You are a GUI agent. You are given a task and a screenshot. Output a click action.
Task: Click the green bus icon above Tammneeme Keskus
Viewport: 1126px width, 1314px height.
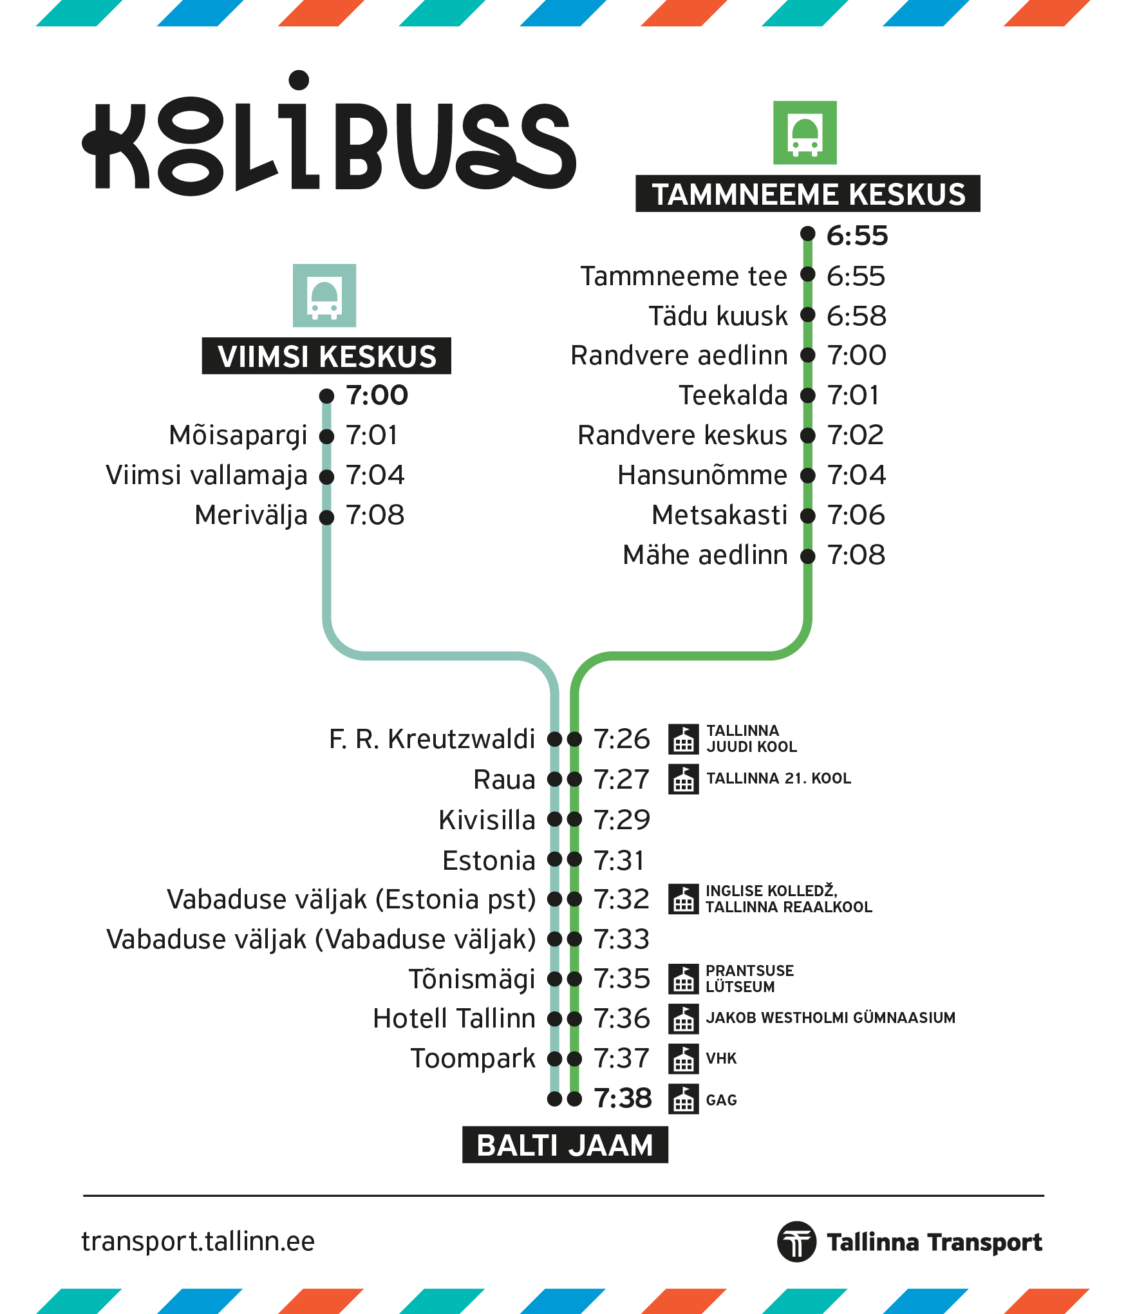pos(805,133)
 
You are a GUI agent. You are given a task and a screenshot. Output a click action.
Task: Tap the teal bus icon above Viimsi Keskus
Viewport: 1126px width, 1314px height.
pos(324,296)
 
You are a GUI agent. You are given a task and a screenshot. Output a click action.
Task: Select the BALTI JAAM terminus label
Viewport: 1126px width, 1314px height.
pos(565,1145)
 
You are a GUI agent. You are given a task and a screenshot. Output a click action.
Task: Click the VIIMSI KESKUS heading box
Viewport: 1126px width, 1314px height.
pos(326,356)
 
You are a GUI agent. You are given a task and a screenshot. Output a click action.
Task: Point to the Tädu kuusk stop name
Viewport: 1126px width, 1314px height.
pos(718,316)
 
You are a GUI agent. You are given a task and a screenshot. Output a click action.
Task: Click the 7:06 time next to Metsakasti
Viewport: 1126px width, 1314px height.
pos(856,515)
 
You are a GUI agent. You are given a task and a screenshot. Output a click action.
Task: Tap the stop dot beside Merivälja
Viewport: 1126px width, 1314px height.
pos(327,517)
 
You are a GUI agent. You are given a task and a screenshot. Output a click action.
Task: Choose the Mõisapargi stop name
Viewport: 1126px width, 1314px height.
pos(238,436)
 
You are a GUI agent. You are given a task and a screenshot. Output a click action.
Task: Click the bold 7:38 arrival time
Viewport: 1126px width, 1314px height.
pos(623,1099)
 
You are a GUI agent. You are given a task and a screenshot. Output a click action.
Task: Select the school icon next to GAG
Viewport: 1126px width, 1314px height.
pos(684,1099)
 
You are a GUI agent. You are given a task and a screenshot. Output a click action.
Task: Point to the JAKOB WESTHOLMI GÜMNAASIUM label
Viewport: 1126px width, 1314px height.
pos(830,1018)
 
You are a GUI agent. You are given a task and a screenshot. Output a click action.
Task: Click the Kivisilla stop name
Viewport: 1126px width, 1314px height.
pos(487,820)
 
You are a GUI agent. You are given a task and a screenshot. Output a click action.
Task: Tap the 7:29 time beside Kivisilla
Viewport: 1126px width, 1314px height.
pos(622,820)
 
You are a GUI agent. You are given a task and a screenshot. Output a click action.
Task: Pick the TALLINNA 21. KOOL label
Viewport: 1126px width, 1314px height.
pos(779,778)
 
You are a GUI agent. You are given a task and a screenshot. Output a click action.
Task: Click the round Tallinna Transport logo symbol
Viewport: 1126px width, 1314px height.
pos(797,1242)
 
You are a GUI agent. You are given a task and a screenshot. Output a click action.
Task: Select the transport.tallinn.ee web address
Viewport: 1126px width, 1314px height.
pos(198,1242)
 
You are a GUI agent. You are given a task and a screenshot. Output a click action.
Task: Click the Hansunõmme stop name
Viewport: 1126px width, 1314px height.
pos(702,475)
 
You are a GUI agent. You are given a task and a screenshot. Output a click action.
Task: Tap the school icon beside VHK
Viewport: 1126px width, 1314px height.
pos(684,1059)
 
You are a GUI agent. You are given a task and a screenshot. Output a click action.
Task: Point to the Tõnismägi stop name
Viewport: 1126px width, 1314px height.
pos(472,980)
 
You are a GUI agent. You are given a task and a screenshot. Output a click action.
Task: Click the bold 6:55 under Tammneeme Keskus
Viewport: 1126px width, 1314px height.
pos(858,236)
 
